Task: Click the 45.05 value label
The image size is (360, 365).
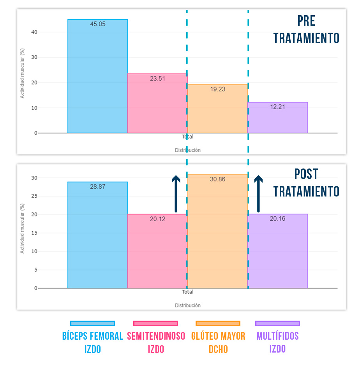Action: [97, 24]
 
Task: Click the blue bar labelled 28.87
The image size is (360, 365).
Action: [97, 237]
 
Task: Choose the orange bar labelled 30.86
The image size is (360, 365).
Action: [217, 233]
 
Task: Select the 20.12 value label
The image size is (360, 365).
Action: [157, 219]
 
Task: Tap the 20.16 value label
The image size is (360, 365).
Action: [277, 219]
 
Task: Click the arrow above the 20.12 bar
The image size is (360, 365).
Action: [176, 194]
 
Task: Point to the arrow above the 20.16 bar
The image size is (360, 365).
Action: [258, 194]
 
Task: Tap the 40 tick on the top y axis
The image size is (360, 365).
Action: [35, 32]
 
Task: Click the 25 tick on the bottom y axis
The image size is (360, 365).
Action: [35, 197]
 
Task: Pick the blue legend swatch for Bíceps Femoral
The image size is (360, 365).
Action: [93, 323]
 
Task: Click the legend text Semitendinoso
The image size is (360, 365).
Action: [156, 336]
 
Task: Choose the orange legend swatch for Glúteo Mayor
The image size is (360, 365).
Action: [218, 323]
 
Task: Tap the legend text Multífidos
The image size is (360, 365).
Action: [277, 336]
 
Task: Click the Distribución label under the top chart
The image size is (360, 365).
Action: [187, 150]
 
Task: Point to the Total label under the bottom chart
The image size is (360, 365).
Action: [187, 292]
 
